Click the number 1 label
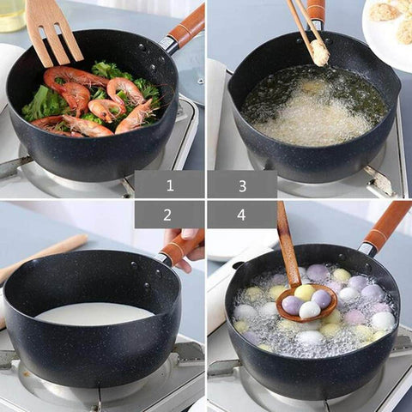pyautogui.click(x=169, y=185)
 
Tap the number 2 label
pyautogui.click(x=169, y=215)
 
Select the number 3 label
pyautogui.click(x=242, y=185)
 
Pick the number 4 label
pyautogui.click(x=242, y=215)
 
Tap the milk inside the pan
pyautogui.click(x=94, y=313)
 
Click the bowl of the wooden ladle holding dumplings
pyautogui.click(x=306, y=304)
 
